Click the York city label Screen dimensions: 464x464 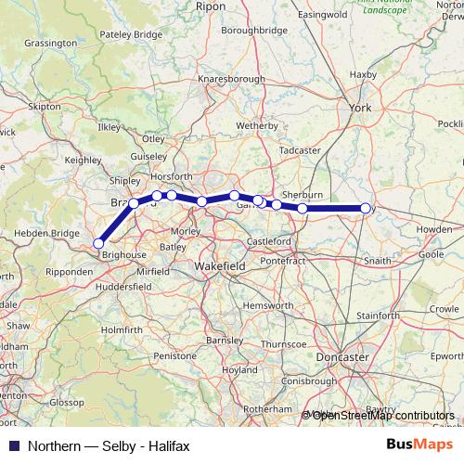click(x=359, y=109)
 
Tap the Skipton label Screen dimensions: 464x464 click(x=44, y=108)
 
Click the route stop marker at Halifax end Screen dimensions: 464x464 click(x=98, y=243)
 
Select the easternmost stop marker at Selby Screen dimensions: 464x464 click(x=366, y=209)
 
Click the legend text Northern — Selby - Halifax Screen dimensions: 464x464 click(x=109, y=445)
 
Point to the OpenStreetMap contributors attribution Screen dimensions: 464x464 click(x=382, y=415)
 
